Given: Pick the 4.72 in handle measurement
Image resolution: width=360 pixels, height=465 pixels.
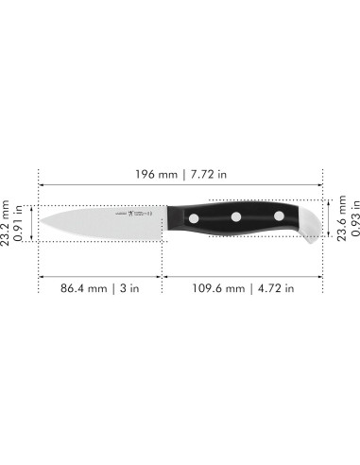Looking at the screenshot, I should pyautogui.click(x=273, y=288).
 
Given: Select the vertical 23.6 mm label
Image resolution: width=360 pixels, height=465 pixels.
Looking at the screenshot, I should pyautogui.click(x=340, y=222).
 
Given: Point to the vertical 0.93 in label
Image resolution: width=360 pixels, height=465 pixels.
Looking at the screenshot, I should pyautogui.click(x=352, y=222).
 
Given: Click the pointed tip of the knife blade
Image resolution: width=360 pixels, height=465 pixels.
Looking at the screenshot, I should pyautogui.click(x=40, y=223).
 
